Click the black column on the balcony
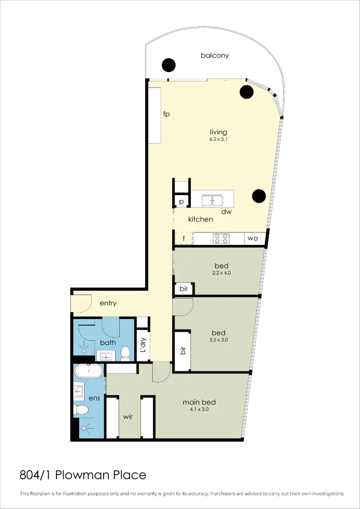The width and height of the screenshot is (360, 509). (x=169, y=65)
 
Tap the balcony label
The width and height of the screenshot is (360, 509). (x=214, y=56)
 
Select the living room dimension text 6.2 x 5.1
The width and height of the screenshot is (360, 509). (x=219, y=140)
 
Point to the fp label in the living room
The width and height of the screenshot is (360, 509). (x=166, y=114)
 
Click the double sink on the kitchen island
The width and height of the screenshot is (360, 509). (x=213, y=200)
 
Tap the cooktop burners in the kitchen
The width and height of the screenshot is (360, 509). (x=221, y=238)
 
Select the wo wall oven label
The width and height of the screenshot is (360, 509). (x=253, y=238)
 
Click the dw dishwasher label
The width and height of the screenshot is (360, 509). (x=227, y=212)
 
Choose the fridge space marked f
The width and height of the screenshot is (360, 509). (x=183, y=238)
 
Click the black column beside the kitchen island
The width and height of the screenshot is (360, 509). (x=259, y=196)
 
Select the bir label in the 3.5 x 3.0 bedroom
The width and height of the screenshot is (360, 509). (x=183, y=350)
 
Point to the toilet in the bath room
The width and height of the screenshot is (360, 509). (x=125, y=353)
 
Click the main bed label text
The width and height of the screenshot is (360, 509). (x=199, y=402)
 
